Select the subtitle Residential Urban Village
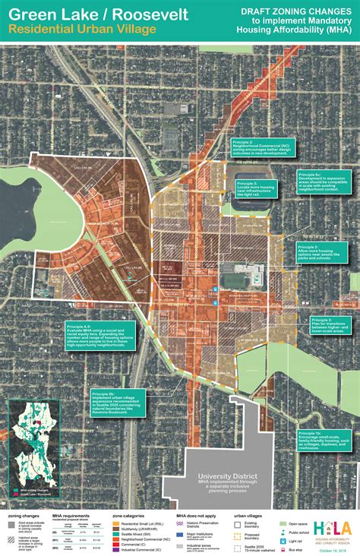pos(83,28)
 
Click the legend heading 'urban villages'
pos(246,516)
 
